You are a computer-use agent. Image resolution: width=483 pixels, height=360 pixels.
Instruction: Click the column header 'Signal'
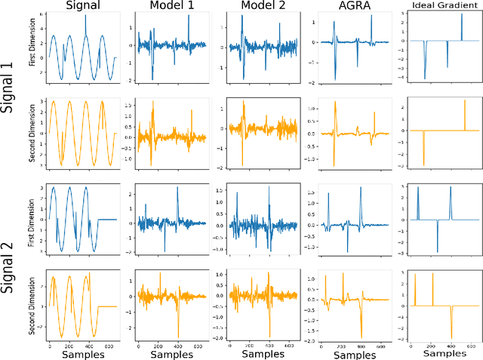pos(81,8)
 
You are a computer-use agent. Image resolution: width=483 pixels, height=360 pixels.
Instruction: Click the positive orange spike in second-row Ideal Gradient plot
pos(465,102)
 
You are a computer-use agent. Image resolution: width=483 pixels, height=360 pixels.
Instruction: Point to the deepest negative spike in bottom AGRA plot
pos(361,337)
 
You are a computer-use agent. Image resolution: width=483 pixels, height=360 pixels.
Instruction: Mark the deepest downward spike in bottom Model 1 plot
pos(178,336)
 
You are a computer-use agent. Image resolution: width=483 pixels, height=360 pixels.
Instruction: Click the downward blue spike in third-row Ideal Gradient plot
pos(437,250)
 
